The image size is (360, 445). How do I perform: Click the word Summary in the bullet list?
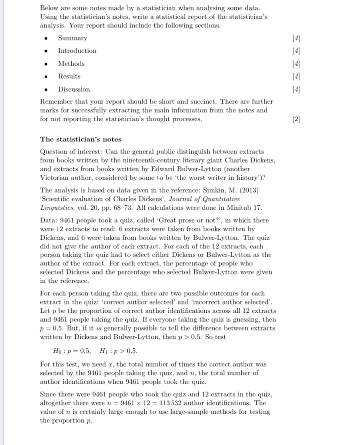tap(73, 38)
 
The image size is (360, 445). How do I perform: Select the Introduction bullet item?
tap(77, 50)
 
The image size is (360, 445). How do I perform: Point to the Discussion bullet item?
tap(74, 89)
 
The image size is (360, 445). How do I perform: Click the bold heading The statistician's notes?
tap(80, 139)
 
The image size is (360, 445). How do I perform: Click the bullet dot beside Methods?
tap(45, 64)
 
